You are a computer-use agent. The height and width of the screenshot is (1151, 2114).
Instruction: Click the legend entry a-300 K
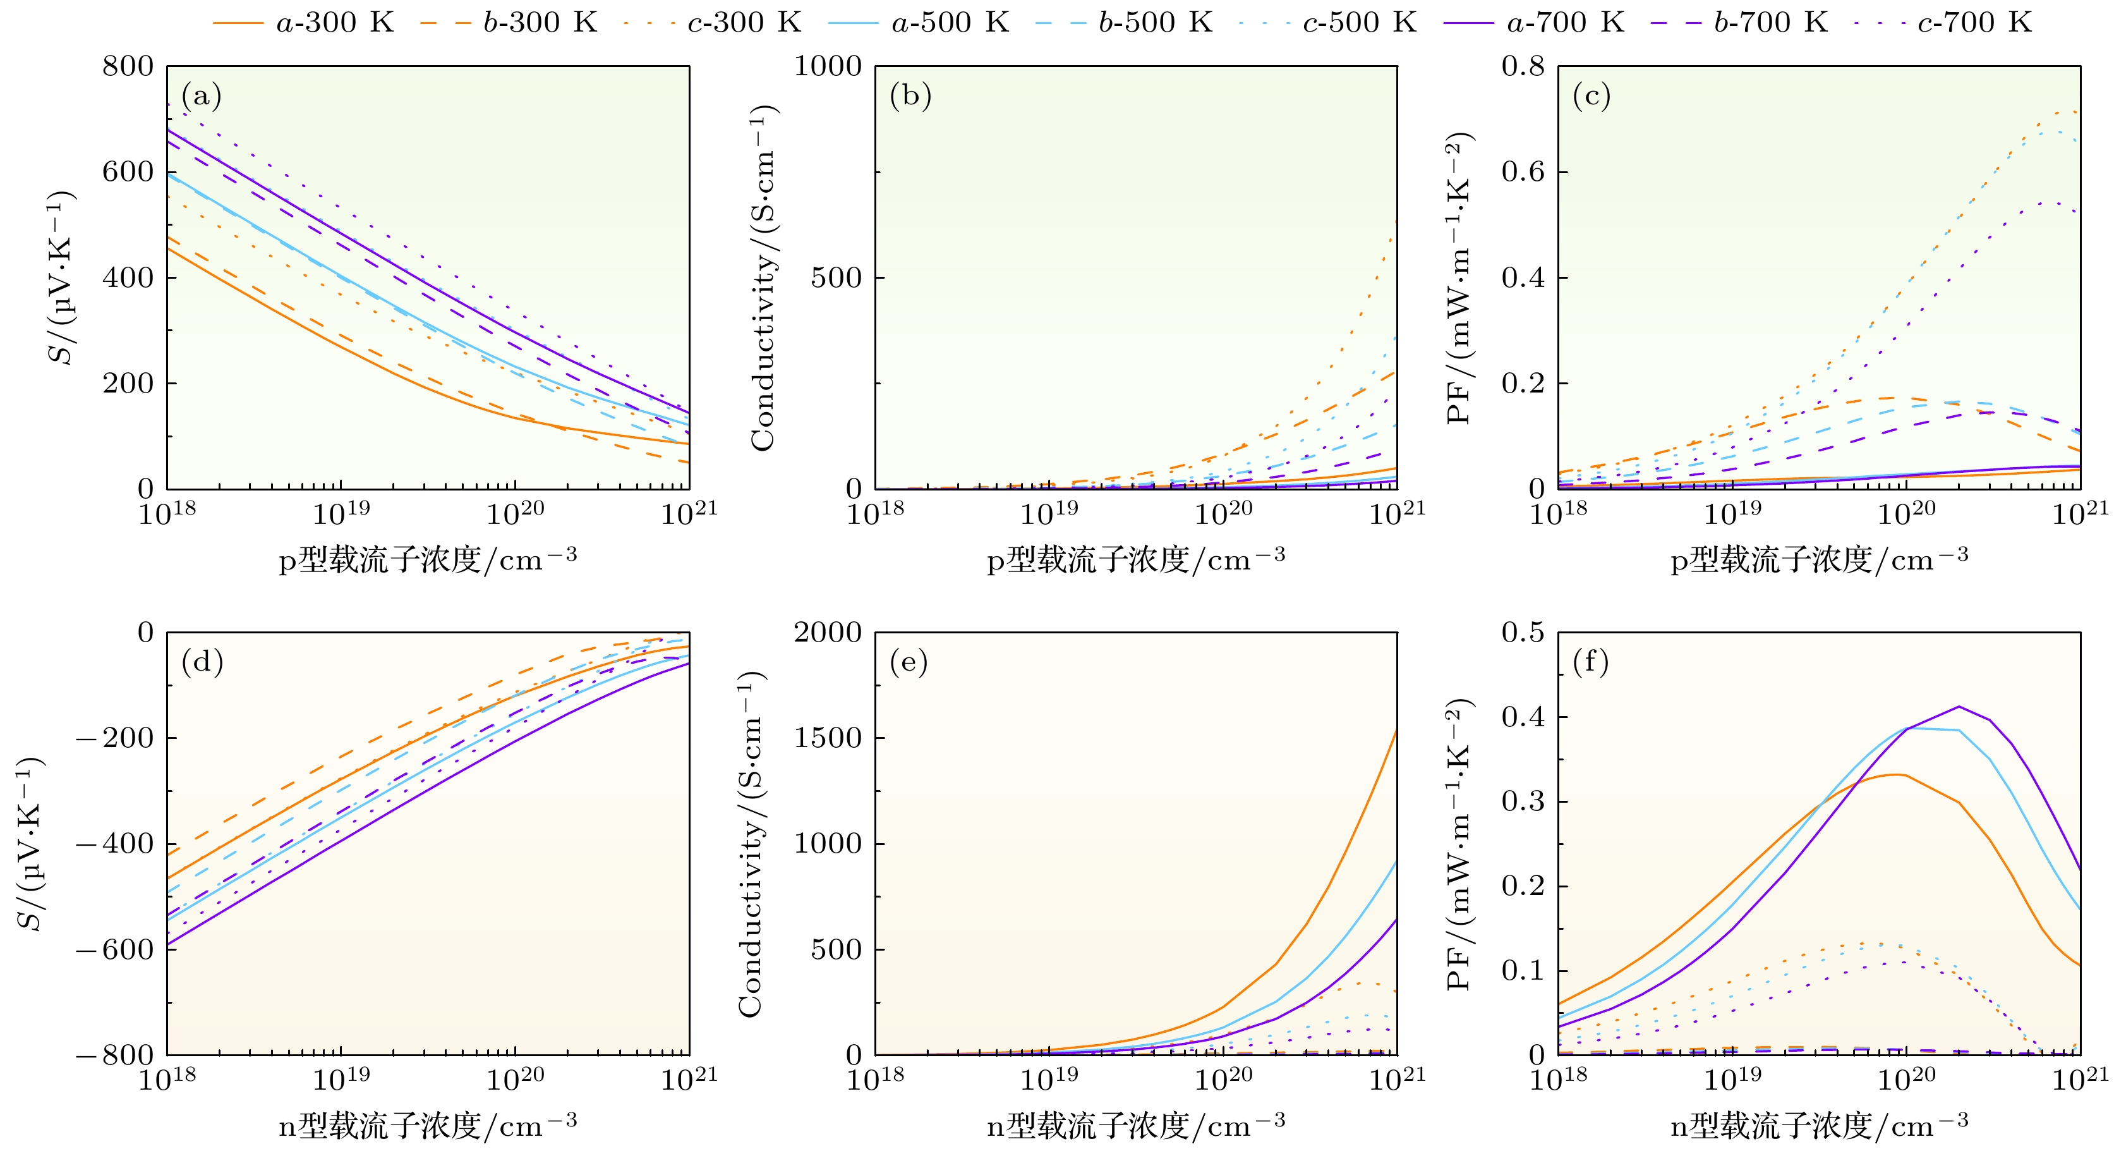[x=304, y=22]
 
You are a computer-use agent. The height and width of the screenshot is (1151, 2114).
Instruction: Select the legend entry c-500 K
[x=1329, y=22]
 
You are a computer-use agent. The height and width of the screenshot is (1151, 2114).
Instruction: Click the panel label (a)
[x=201, y=96]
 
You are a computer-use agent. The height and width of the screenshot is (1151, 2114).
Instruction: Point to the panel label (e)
[x=909, y=662]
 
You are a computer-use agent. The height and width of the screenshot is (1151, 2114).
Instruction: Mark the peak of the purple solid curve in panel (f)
[x=1959, y=706]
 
